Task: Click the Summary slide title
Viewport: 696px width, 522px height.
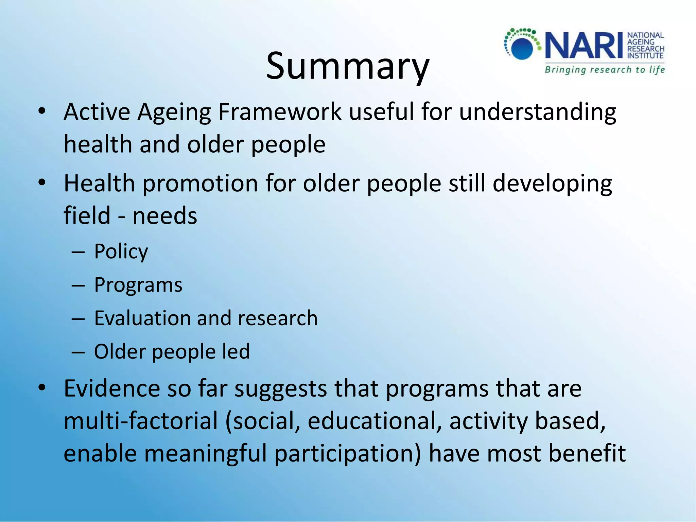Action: pos(348,66)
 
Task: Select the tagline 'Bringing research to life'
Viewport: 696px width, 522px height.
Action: pos(605,70)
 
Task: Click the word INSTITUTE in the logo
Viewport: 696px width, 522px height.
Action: pos(645,56)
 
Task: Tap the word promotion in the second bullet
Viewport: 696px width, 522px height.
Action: pos(200,184)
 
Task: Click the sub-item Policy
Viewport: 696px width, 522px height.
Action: pos(121,252)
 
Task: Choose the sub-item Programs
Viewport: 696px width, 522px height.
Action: pos(138,285)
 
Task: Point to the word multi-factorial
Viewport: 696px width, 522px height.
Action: pos(141,421)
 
